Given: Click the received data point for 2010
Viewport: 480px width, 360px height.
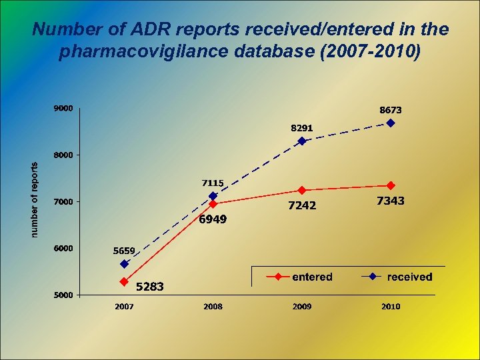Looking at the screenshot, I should pyautogui.click(x=391, y=123).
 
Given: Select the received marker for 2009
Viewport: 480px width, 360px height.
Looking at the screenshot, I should pyautogui.click(x=302, y=141).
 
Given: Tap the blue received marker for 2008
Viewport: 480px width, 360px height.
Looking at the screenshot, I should pyautogui.click(x=213, y=196).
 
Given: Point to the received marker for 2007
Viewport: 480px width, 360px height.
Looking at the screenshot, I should pyautogui.click(x=124, y=264).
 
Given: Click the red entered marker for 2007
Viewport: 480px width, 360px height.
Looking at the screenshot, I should pyautogui.click(x=124, y=282).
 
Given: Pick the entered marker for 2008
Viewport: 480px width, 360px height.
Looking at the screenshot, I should pyautogui.click(x=213, y=204).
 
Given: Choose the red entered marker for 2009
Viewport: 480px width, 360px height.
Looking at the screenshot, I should pyautogui.click(x=302, y=190).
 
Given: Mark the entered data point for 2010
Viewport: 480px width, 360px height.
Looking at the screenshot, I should pyautogui.click(x=391, y=185).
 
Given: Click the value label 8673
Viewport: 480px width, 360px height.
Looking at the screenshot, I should pyautogui.click(x=391, y=109).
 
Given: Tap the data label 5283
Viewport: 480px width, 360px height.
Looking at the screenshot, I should pyautogui.click(x=150, y=287).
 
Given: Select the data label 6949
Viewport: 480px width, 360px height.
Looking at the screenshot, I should pyautogui.click(x=213, y=219).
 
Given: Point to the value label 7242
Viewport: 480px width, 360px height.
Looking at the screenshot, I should pyautogui.click(x=302, y=206).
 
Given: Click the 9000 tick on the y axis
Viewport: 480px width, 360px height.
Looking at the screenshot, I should pyautogui.click(x=63, y=108).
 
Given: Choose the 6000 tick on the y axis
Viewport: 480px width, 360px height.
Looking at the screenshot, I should pyautogui.click(x=63, y=249).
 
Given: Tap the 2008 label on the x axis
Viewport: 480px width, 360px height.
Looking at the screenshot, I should pyautogui.click(x=213, y=307).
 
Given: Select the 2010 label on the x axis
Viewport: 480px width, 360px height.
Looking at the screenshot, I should pyautogui.click(x=391, y=307).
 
